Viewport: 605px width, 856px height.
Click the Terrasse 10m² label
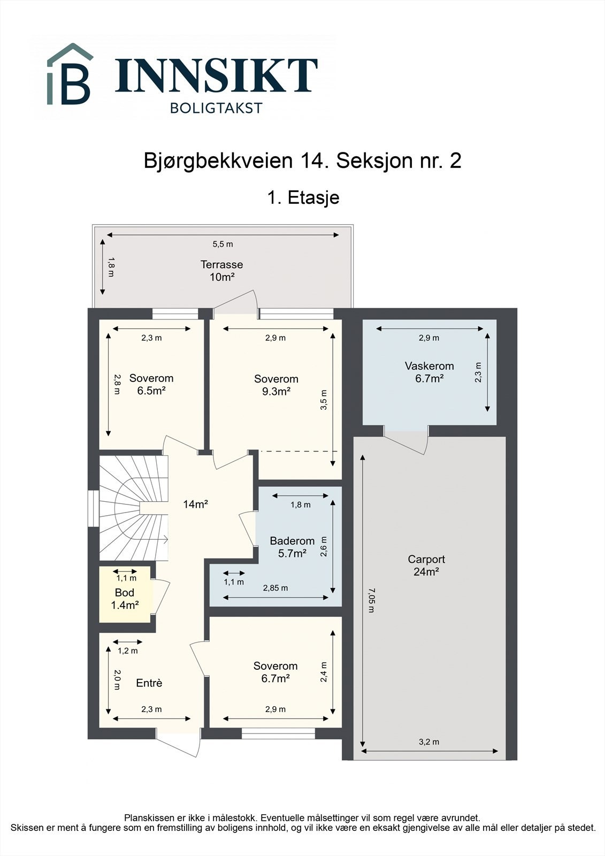pyautogui.click(x=221, y=271)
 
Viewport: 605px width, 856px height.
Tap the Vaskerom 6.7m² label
pyautogui.click(x=429, y=372)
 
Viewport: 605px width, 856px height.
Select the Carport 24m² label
pyautogui.click(x=426, y=565)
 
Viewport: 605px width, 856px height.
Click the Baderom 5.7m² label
pyautogui.click(x=292, y=547)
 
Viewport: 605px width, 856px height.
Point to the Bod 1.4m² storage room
pyautogui.click(x=125, y=599)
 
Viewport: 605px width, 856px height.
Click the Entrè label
pyautogui.click(x=149, y=683)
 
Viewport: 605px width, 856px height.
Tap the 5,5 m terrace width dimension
pyautogui.click(x=223, y=244)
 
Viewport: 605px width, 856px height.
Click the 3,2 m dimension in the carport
pyautogui.click(x=428, y=742)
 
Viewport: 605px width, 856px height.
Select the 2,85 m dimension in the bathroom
pyautogui.click(x=275, y=588)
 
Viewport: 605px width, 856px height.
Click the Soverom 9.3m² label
pyautogui.click(x=276, y=385)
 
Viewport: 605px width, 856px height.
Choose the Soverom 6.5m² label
pyautogui.click(x=151, y=384)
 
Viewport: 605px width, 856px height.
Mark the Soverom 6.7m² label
pyautogui.click(x=275, y=672)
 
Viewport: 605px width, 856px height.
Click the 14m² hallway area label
pyautogui.click(x=195, y=504)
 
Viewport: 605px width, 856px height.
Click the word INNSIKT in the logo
pyautogui.click(x=216, y=75)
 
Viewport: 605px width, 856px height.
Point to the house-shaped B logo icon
pyautogui.click(x=70, y=75)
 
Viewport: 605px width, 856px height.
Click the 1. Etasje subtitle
pyautogui.click(x=303, y=197)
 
